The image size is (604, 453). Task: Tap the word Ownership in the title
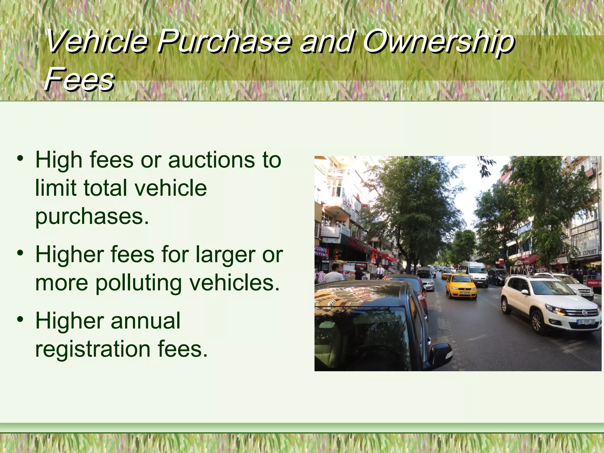tap(439, 42)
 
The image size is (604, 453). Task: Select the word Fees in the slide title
tap(79, 79)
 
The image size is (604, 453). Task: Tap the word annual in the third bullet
tap(145, 321)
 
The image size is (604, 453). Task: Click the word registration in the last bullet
tap(93, 349)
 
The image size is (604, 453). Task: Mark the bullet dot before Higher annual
tap(20, 319)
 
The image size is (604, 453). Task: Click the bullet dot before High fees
tap(20, 159)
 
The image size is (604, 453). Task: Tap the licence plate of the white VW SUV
tap(586, 322)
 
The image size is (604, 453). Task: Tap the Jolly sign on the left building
tap(347, 204)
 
